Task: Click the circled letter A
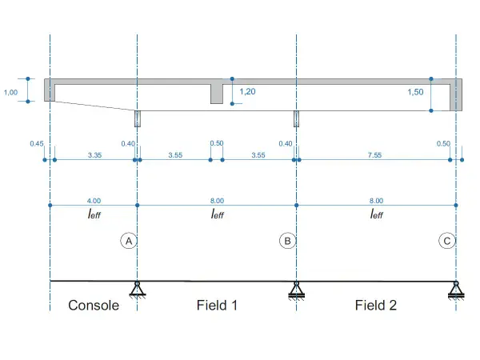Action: [x=129, y=241]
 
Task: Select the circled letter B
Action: [x=287, y=241]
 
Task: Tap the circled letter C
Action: [x=447, y=241]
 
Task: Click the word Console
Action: [x=94, y=306]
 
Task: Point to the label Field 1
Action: [x=217, y=306]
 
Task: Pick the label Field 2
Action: [x=376, y=306]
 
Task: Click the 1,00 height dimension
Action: [x=10, y=92]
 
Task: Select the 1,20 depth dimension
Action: [x=247, y=91]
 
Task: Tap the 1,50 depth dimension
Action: [x=415, y=92]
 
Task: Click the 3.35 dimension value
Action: [x=94, y=155]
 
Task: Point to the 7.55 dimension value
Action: [x=374, y=155]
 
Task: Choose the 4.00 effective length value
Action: [x=94, y=201]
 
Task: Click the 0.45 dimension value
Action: [x=37, y=143]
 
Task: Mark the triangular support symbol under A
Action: [x=137, y=289]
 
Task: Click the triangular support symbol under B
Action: [x=296, y=290]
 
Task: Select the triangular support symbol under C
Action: [x=456, y=290]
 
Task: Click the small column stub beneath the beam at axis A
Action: [x=138, y=118]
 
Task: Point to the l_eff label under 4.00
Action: [x=94, y=214]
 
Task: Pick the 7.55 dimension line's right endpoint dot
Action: [x=450, y=160]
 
